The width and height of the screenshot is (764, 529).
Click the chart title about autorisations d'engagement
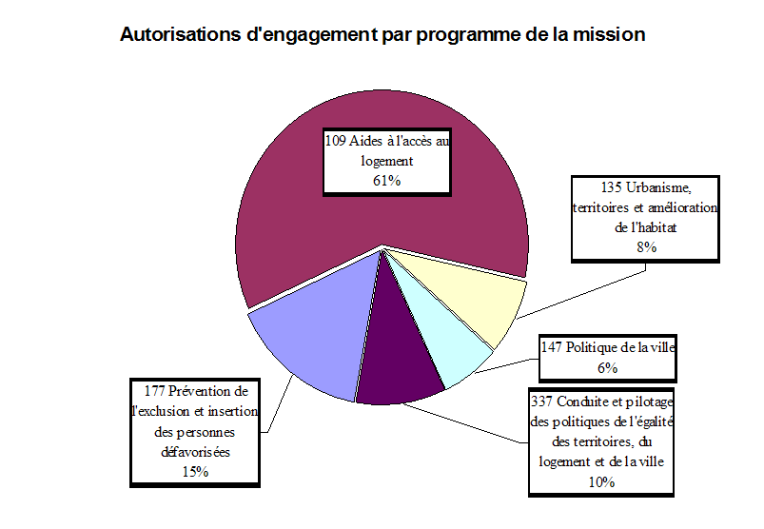(x=382, y=35)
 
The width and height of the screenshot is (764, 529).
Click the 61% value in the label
(x=386, y=181)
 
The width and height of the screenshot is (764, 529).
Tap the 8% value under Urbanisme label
(x=646, y=246)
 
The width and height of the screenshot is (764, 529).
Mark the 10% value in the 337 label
(x=601, y=481)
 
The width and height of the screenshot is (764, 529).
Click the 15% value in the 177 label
(x=194, y=470)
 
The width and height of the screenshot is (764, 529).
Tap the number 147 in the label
(x=553, y=347)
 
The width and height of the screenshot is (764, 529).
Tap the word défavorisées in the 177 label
(x=195, y=451)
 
